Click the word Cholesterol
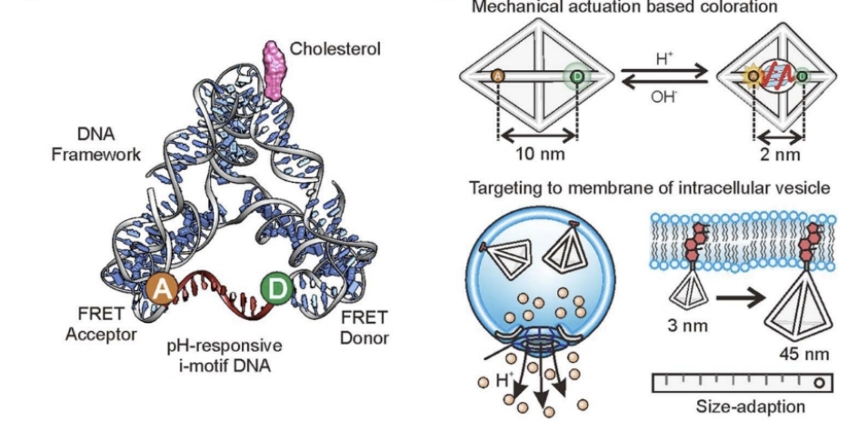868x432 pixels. (335, 49)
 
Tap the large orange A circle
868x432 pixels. (162, 289)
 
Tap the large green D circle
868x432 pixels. (276, 289)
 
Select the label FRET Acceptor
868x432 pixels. (101, 325)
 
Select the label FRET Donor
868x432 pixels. (364, 327)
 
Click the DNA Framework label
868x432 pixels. (96, 144)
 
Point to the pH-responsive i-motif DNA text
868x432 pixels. (224, 356)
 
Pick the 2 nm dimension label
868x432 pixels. (780, 154)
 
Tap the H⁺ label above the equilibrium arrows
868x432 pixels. (664, 59)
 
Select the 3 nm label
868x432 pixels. (687, 325)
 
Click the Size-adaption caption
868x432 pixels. (750, 407)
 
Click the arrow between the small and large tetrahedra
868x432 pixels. (741, 298)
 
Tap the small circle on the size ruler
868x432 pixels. (819, 383)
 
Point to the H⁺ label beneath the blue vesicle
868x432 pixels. (504, 380)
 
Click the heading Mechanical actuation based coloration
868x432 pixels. (624, 6)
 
